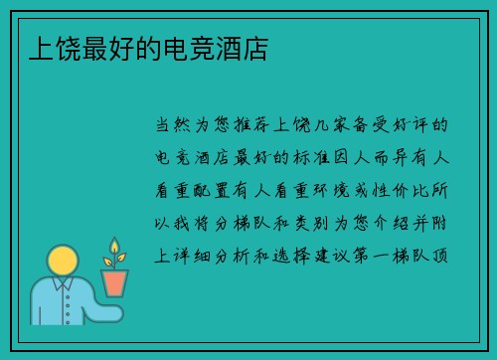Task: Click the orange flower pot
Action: click(x=115, y=282)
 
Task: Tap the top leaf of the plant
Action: click(x=114, y=245)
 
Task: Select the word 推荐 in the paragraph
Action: click(x=256, y=126)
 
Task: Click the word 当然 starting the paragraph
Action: click(x=171, y=126)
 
